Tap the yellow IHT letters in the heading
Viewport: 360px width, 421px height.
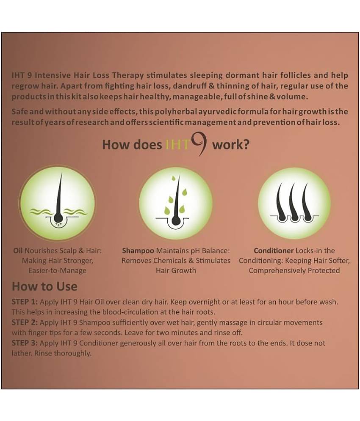[x=178, y=145]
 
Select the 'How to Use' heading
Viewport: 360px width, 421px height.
[x=44, y=286]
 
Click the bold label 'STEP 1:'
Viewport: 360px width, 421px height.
[x=25, y=302]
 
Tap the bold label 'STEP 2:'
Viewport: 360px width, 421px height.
[x=25, y=322]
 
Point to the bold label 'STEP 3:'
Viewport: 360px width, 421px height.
[x=25, y=343]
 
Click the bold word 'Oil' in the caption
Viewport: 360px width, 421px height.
[x=18, y=250]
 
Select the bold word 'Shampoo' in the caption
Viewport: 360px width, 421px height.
[x=138, y=251]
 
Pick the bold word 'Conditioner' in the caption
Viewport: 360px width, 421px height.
[x=274, y=250]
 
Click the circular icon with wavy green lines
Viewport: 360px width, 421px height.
[x=58, y=203]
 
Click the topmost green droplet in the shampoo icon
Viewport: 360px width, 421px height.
[x=173, y=178]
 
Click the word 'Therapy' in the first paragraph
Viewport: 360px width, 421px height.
[x=128, y=75]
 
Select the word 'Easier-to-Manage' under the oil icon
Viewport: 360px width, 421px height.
[x=58, y=270]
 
